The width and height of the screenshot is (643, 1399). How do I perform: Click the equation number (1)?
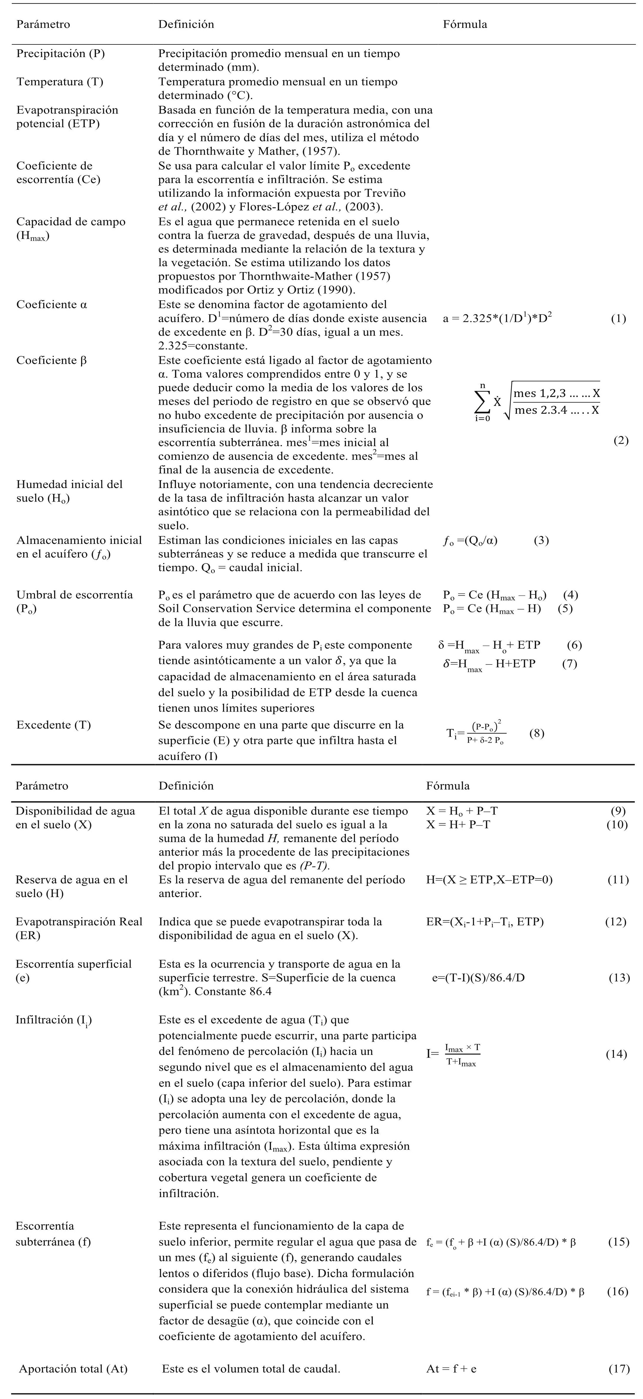coord(618,319)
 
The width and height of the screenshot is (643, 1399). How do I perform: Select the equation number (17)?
coord(619,1369)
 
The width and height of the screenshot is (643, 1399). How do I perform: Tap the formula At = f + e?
coord(451,1369)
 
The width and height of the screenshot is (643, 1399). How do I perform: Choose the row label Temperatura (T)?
coord(60,82)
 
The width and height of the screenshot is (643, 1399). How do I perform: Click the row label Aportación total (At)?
coord(73,1369)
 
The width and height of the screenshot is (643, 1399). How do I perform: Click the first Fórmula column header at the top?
coord(465,24)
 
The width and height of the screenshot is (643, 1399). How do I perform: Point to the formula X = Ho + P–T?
coord(462,811)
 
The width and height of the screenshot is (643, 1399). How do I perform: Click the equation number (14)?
coord(616,1054)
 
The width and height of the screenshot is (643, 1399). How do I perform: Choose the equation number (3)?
coord(541,540)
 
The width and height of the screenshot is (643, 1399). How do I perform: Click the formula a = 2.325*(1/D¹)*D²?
coord(497,319)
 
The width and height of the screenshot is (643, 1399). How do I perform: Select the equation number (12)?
coord(615,922)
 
